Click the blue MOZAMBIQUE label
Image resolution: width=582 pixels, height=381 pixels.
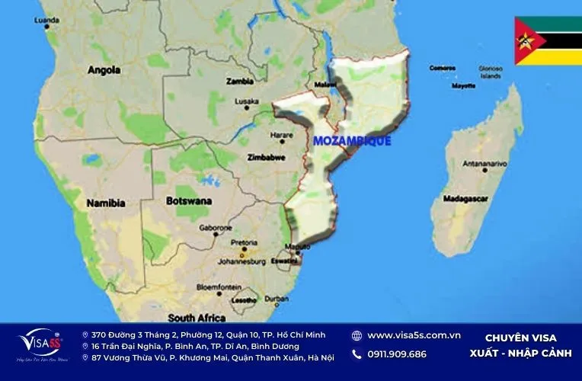352,141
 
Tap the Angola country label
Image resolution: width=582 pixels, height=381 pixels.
104,70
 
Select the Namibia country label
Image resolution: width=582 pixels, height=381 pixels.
106,203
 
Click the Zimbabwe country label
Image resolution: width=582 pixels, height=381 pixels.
267,158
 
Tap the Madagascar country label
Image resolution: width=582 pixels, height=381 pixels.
466,199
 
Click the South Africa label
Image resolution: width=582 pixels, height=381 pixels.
197,318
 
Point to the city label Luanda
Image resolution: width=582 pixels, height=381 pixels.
46,21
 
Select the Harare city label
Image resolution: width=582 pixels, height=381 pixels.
281,136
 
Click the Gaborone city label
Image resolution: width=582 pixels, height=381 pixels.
215,228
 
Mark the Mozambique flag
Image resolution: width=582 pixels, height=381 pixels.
548,40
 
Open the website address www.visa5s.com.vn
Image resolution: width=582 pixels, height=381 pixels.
414,335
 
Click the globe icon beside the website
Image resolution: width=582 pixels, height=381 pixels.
357,335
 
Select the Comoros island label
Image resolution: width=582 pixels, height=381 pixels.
442,68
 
